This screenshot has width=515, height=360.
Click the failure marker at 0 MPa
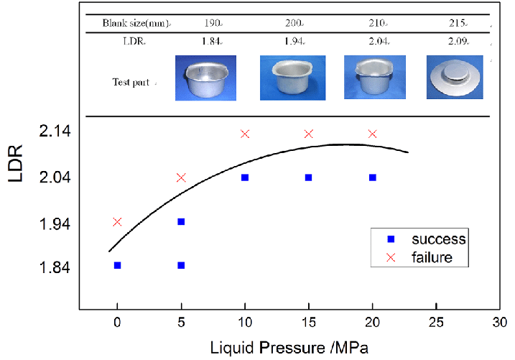(x=117, y=222)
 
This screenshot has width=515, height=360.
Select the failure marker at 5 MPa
(x=181, y=177)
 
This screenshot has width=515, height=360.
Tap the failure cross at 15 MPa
(x=309, y=134)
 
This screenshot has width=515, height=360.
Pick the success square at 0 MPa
(x=117, y=265)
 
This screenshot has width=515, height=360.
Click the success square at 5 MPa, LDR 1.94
(x=181, y=221)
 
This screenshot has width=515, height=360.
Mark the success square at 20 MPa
(x=372, y=177)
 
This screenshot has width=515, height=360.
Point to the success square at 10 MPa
(x=245, y=177)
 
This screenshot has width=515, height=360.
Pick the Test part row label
(x=131, y=83)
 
